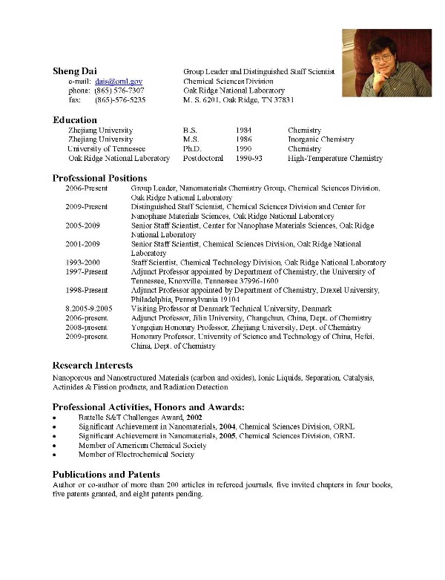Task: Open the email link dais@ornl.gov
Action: point(119,81)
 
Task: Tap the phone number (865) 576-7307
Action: point(119,90)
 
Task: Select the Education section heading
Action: point(75,120)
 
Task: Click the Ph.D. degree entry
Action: point(192,149)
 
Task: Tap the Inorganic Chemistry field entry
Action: point(321,139)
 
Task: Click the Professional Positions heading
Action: point(99,178)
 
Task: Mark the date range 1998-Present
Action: point(87,291)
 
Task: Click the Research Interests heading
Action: point(93,366)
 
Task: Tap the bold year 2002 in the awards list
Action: point(192,418)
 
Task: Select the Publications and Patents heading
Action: point(106,474)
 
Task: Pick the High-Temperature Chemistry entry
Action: point(335,159)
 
